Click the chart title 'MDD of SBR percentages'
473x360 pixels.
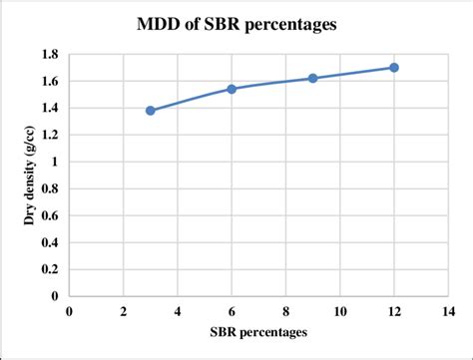click(236, 23)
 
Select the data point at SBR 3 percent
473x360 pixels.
click(151, 111)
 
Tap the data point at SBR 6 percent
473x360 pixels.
click(232, 89)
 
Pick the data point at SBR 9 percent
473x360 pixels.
click(312, 78)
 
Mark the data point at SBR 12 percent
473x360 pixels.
click(394, 68)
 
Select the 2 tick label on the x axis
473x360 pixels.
click(123, 310)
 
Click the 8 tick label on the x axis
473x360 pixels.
click(285, 310)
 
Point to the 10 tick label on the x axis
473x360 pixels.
click(339, 310)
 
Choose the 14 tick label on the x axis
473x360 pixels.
click(448, 310)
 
